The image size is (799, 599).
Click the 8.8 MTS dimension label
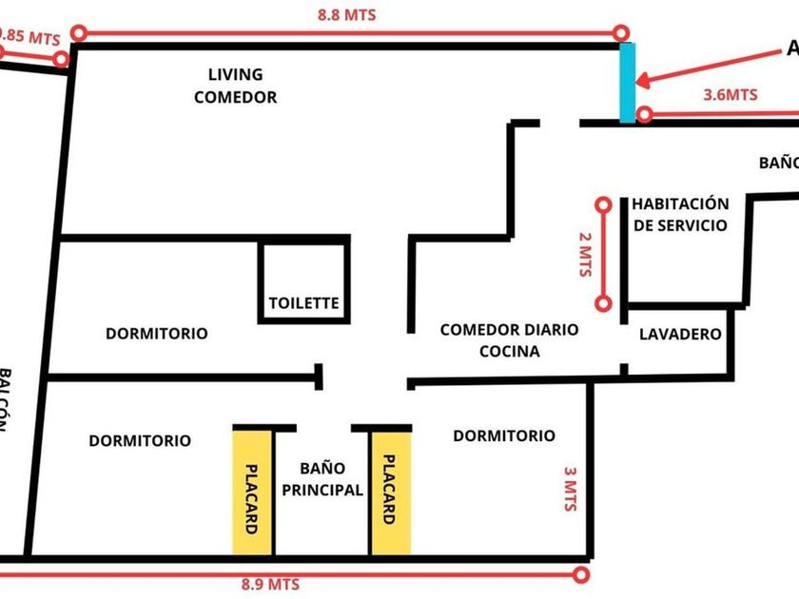pos(347,15)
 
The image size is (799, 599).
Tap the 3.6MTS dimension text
pos(730,94)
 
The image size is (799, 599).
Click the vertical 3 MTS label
pos(570,490)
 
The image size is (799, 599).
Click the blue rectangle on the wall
pos(627,82)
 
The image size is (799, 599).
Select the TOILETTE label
pos(303,304)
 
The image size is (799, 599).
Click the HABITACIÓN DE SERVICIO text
pos(680,215)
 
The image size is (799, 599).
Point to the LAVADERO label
pos(680,335)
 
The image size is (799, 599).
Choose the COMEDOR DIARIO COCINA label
pos(509,340)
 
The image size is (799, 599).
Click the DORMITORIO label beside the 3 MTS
pos(503,435)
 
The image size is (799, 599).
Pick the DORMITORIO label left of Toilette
pos(156,334)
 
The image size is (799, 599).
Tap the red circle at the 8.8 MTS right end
pos(623,33)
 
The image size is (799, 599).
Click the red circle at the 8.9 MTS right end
pos(582,574)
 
